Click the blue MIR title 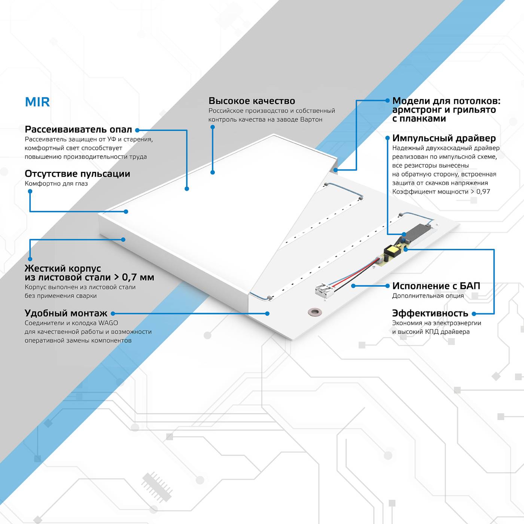coord(37,102)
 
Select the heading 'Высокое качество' coord(252,101)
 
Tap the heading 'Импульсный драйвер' coord(444,138)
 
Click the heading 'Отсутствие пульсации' coord(77,174)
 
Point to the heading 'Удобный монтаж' coord(66,313)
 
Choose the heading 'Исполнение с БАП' coord(436,286)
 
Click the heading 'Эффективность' coord(430,313)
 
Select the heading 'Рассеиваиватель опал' coord(78,130)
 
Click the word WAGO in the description coord(108,323)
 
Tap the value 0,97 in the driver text coord(483,192)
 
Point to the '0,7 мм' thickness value coord(138,277)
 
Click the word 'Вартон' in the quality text coord(311,119)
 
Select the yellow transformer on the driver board coord(392,250)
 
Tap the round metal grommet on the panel coord(315,311)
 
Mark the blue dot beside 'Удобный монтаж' coord(113,314)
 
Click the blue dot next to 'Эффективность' coord(474,314)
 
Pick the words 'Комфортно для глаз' coord(56,183)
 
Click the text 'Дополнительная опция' coord(428,296)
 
